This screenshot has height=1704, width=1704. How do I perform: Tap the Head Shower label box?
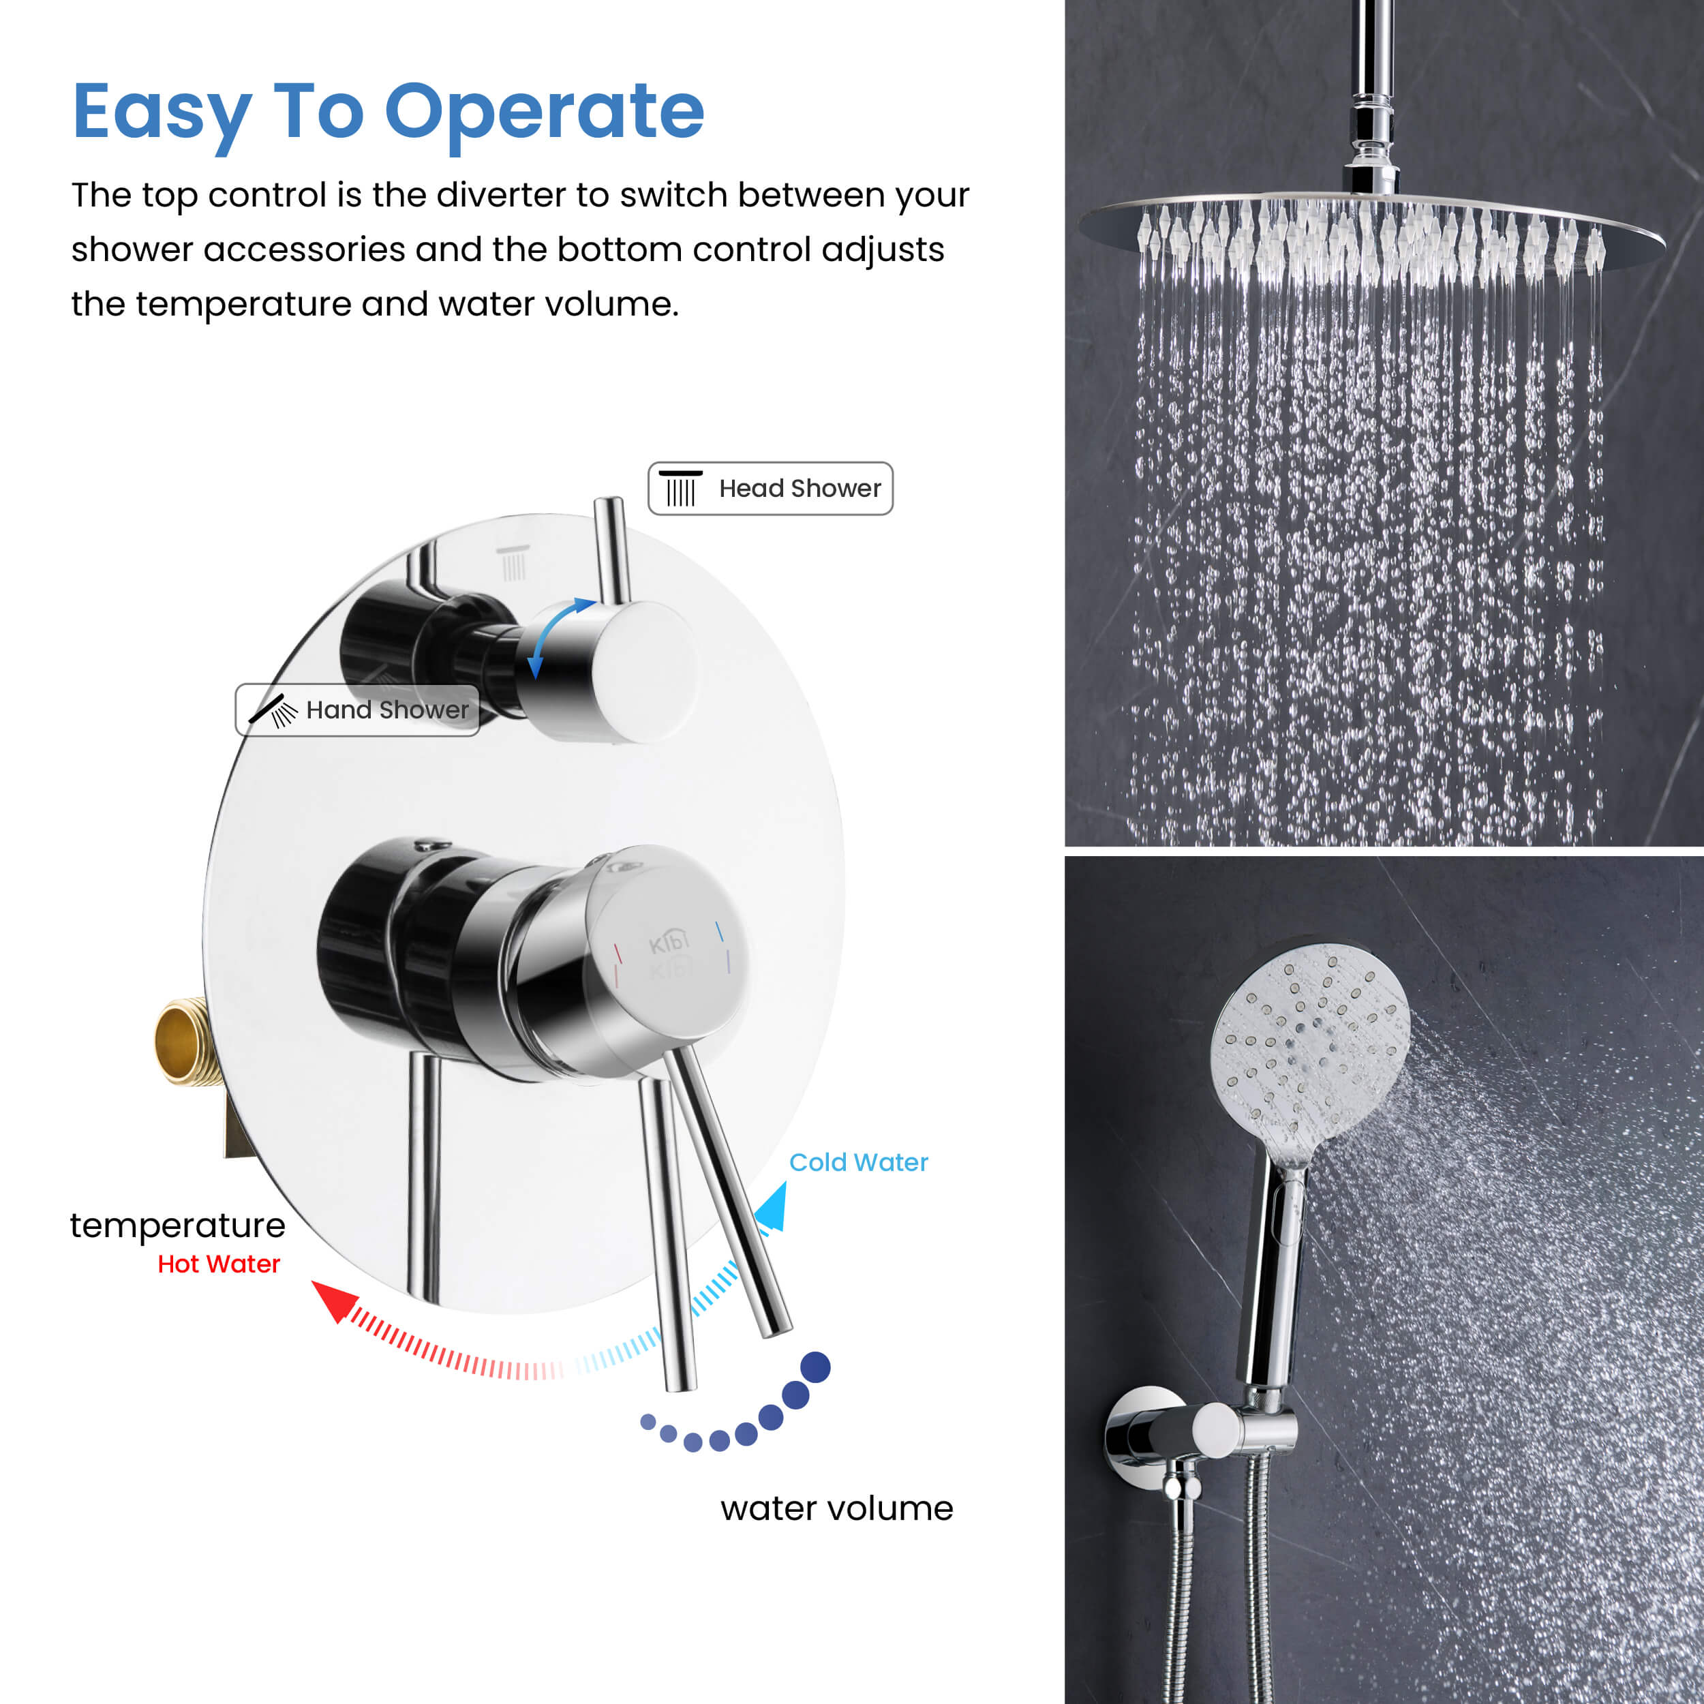(770, 489)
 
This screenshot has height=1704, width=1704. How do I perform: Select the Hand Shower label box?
(357, 710)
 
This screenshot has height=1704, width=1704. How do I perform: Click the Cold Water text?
(858, 1162)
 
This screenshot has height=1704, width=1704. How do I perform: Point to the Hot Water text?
(219, 1264)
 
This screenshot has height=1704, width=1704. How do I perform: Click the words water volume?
(836, 1508)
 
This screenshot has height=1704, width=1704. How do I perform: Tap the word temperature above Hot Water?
(177, 1226)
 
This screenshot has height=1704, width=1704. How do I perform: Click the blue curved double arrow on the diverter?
(555, 637)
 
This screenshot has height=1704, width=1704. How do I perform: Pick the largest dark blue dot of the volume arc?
(815, 1367)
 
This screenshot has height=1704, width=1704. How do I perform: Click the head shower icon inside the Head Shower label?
(681, 489)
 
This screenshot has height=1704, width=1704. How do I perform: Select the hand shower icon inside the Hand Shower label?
(273, 711)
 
